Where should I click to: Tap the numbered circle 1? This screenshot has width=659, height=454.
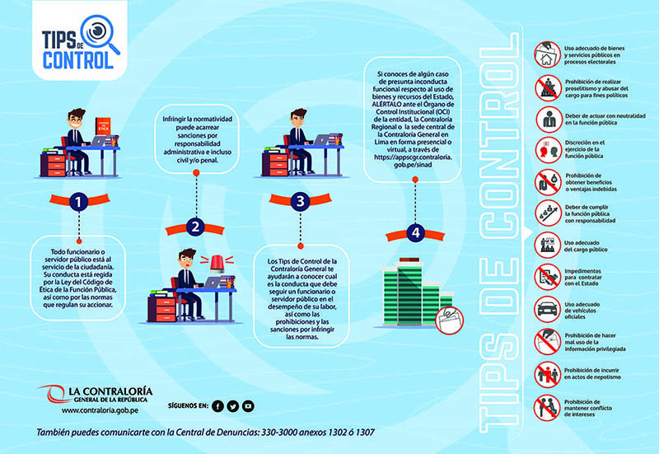pos(77,200)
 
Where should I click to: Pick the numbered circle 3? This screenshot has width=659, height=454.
pos(301,200)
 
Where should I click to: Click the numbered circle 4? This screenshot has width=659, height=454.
pos(416,233)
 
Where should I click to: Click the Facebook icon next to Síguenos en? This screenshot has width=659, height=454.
pos(217,405)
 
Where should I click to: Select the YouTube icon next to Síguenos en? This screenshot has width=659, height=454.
pos(248,405)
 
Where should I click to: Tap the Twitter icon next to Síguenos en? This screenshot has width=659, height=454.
pos(232,405)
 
